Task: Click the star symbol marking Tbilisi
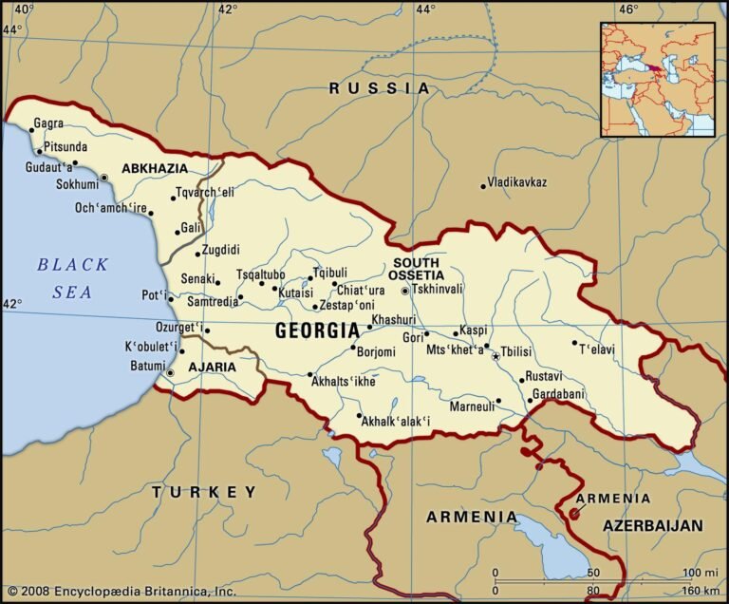tap(495, 356)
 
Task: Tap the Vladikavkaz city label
tap(516, 182)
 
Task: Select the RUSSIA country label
tap(380, 88)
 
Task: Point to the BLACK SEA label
tap(73, 278)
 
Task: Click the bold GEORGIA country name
tap(316, 331)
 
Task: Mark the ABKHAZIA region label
tap(155, 168)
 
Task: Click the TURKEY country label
tap(204, 492)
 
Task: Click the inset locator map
tap(657, 80)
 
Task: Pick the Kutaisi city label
tap(295, 293)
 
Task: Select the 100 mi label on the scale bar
tap(701, 573)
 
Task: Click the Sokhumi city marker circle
tap(104, 179)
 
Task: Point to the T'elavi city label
tap(597, 349)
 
